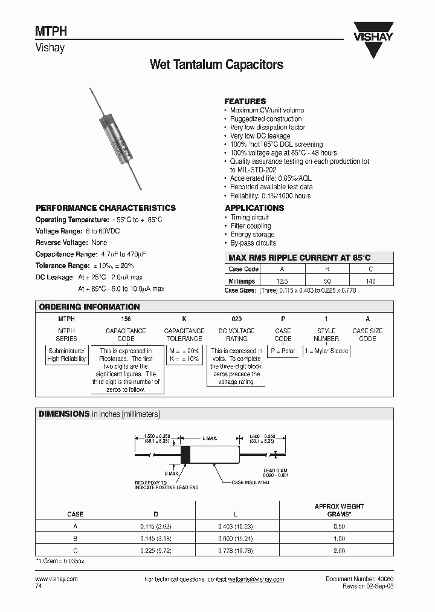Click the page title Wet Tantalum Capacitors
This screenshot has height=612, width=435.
[x=216, y=65]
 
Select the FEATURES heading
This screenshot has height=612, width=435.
[x=245, y=102]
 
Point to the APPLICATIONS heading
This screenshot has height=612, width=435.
[x=254, y=208]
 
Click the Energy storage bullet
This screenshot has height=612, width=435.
[x=252, y=234]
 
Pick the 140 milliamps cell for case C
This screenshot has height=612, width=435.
[x=370, y=281]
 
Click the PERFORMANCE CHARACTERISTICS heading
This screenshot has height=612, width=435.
[x=106, y=208]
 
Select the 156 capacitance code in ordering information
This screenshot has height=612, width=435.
[x=126, y=319]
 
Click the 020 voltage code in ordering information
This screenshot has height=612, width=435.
[x=237, y=319]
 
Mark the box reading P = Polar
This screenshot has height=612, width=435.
[x=283, y=351]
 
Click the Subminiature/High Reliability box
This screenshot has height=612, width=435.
[x=67, y=355]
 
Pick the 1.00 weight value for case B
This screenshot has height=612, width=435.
[x=339, y=539]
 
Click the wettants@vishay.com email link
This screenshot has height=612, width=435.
[x=256, y=579]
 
